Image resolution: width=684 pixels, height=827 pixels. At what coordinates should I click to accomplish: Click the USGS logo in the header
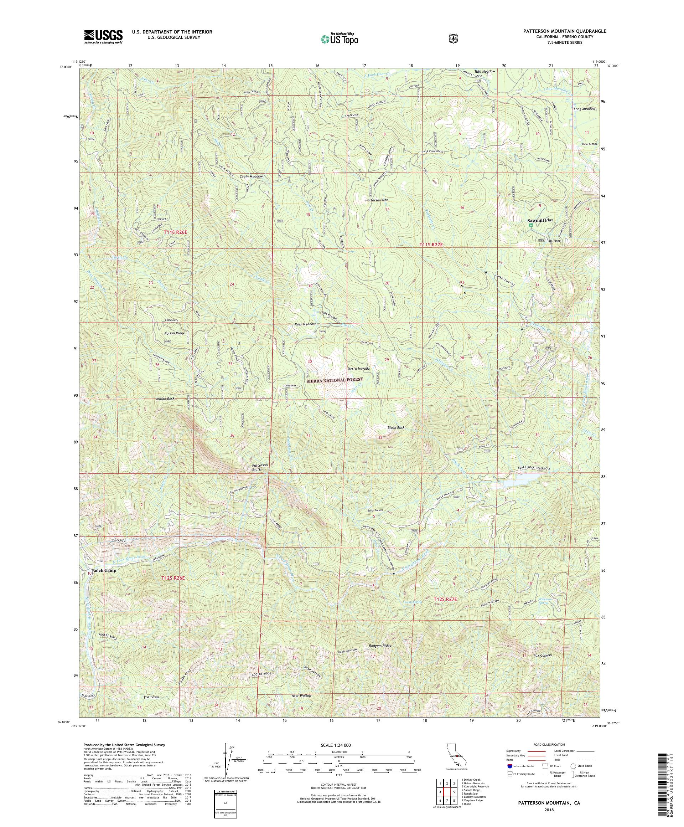pyautogui.click(x=103, y=37)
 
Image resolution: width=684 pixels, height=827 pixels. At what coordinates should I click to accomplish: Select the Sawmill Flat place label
pyautogui.click(x=540, y=221)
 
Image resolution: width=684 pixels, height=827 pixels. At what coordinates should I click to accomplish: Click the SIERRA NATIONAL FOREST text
pyautogui.click(x=334, y=379)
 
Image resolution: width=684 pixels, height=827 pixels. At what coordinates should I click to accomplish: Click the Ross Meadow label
pyautogui.click(x=305, y=324)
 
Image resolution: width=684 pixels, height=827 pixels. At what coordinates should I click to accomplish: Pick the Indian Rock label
pyautogui.click(x=165, y=399)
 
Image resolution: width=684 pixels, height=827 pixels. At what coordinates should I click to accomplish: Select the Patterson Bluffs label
pyautogui.click(x=260, y=467)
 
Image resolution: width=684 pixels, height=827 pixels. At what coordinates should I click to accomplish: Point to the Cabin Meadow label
pyautogui.click(x=251, y=176)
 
